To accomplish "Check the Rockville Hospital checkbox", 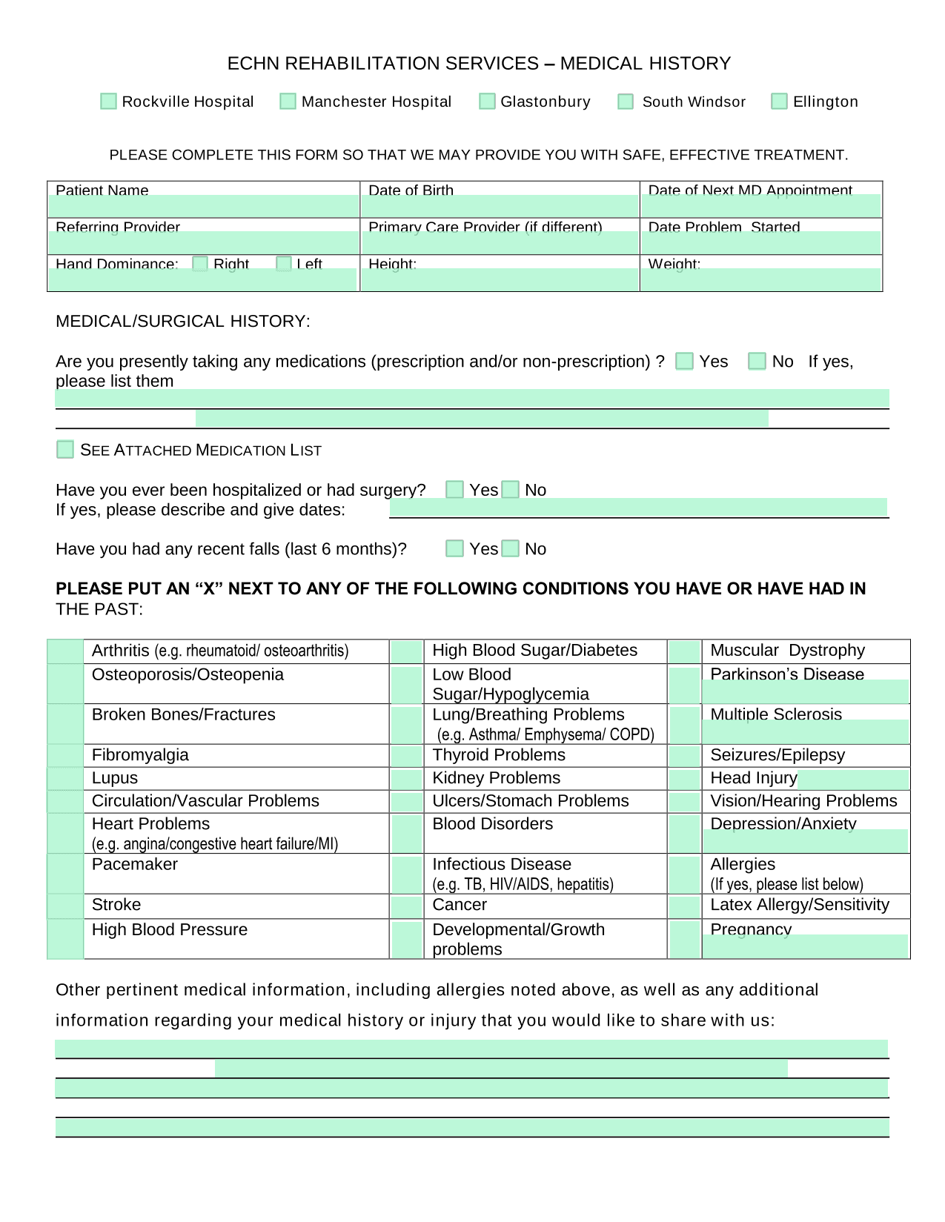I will click(x=108, y=102).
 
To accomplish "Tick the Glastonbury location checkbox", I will click(x=487, y=102).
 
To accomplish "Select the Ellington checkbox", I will click(x=779, y=102).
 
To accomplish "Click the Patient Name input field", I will click(x=203, y=206).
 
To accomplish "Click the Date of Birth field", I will click(x=500, y=206).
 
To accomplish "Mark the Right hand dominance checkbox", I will click(x=200, y=264).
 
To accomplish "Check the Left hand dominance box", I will click(x=283, y=264).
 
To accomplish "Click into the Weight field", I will click(x=761, y=279).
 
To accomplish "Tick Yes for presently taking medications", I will click(x=685, y=361).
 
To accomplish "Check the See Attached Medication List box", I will click(x=65, y=450).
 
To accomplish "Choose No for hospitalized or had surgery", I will click(x=511, y=490).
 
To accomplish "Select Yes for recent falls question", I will click(x=454, y=548).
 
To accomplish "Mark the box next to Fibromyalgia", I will click(x=65, y=756).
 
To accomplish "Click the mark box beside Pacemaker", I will click(x=65, y=874).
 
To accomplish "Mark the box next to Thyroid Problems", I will click(x=406, y=756).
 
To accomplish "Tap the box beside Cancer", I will click(x=406, y=906).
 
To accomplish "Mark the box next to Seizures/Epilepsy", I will click(x=685, y=756).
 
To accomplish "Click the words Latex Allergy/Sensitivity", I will click(x=799, y=905).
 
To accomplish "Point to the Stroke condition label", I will click(x=116, y=905).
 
